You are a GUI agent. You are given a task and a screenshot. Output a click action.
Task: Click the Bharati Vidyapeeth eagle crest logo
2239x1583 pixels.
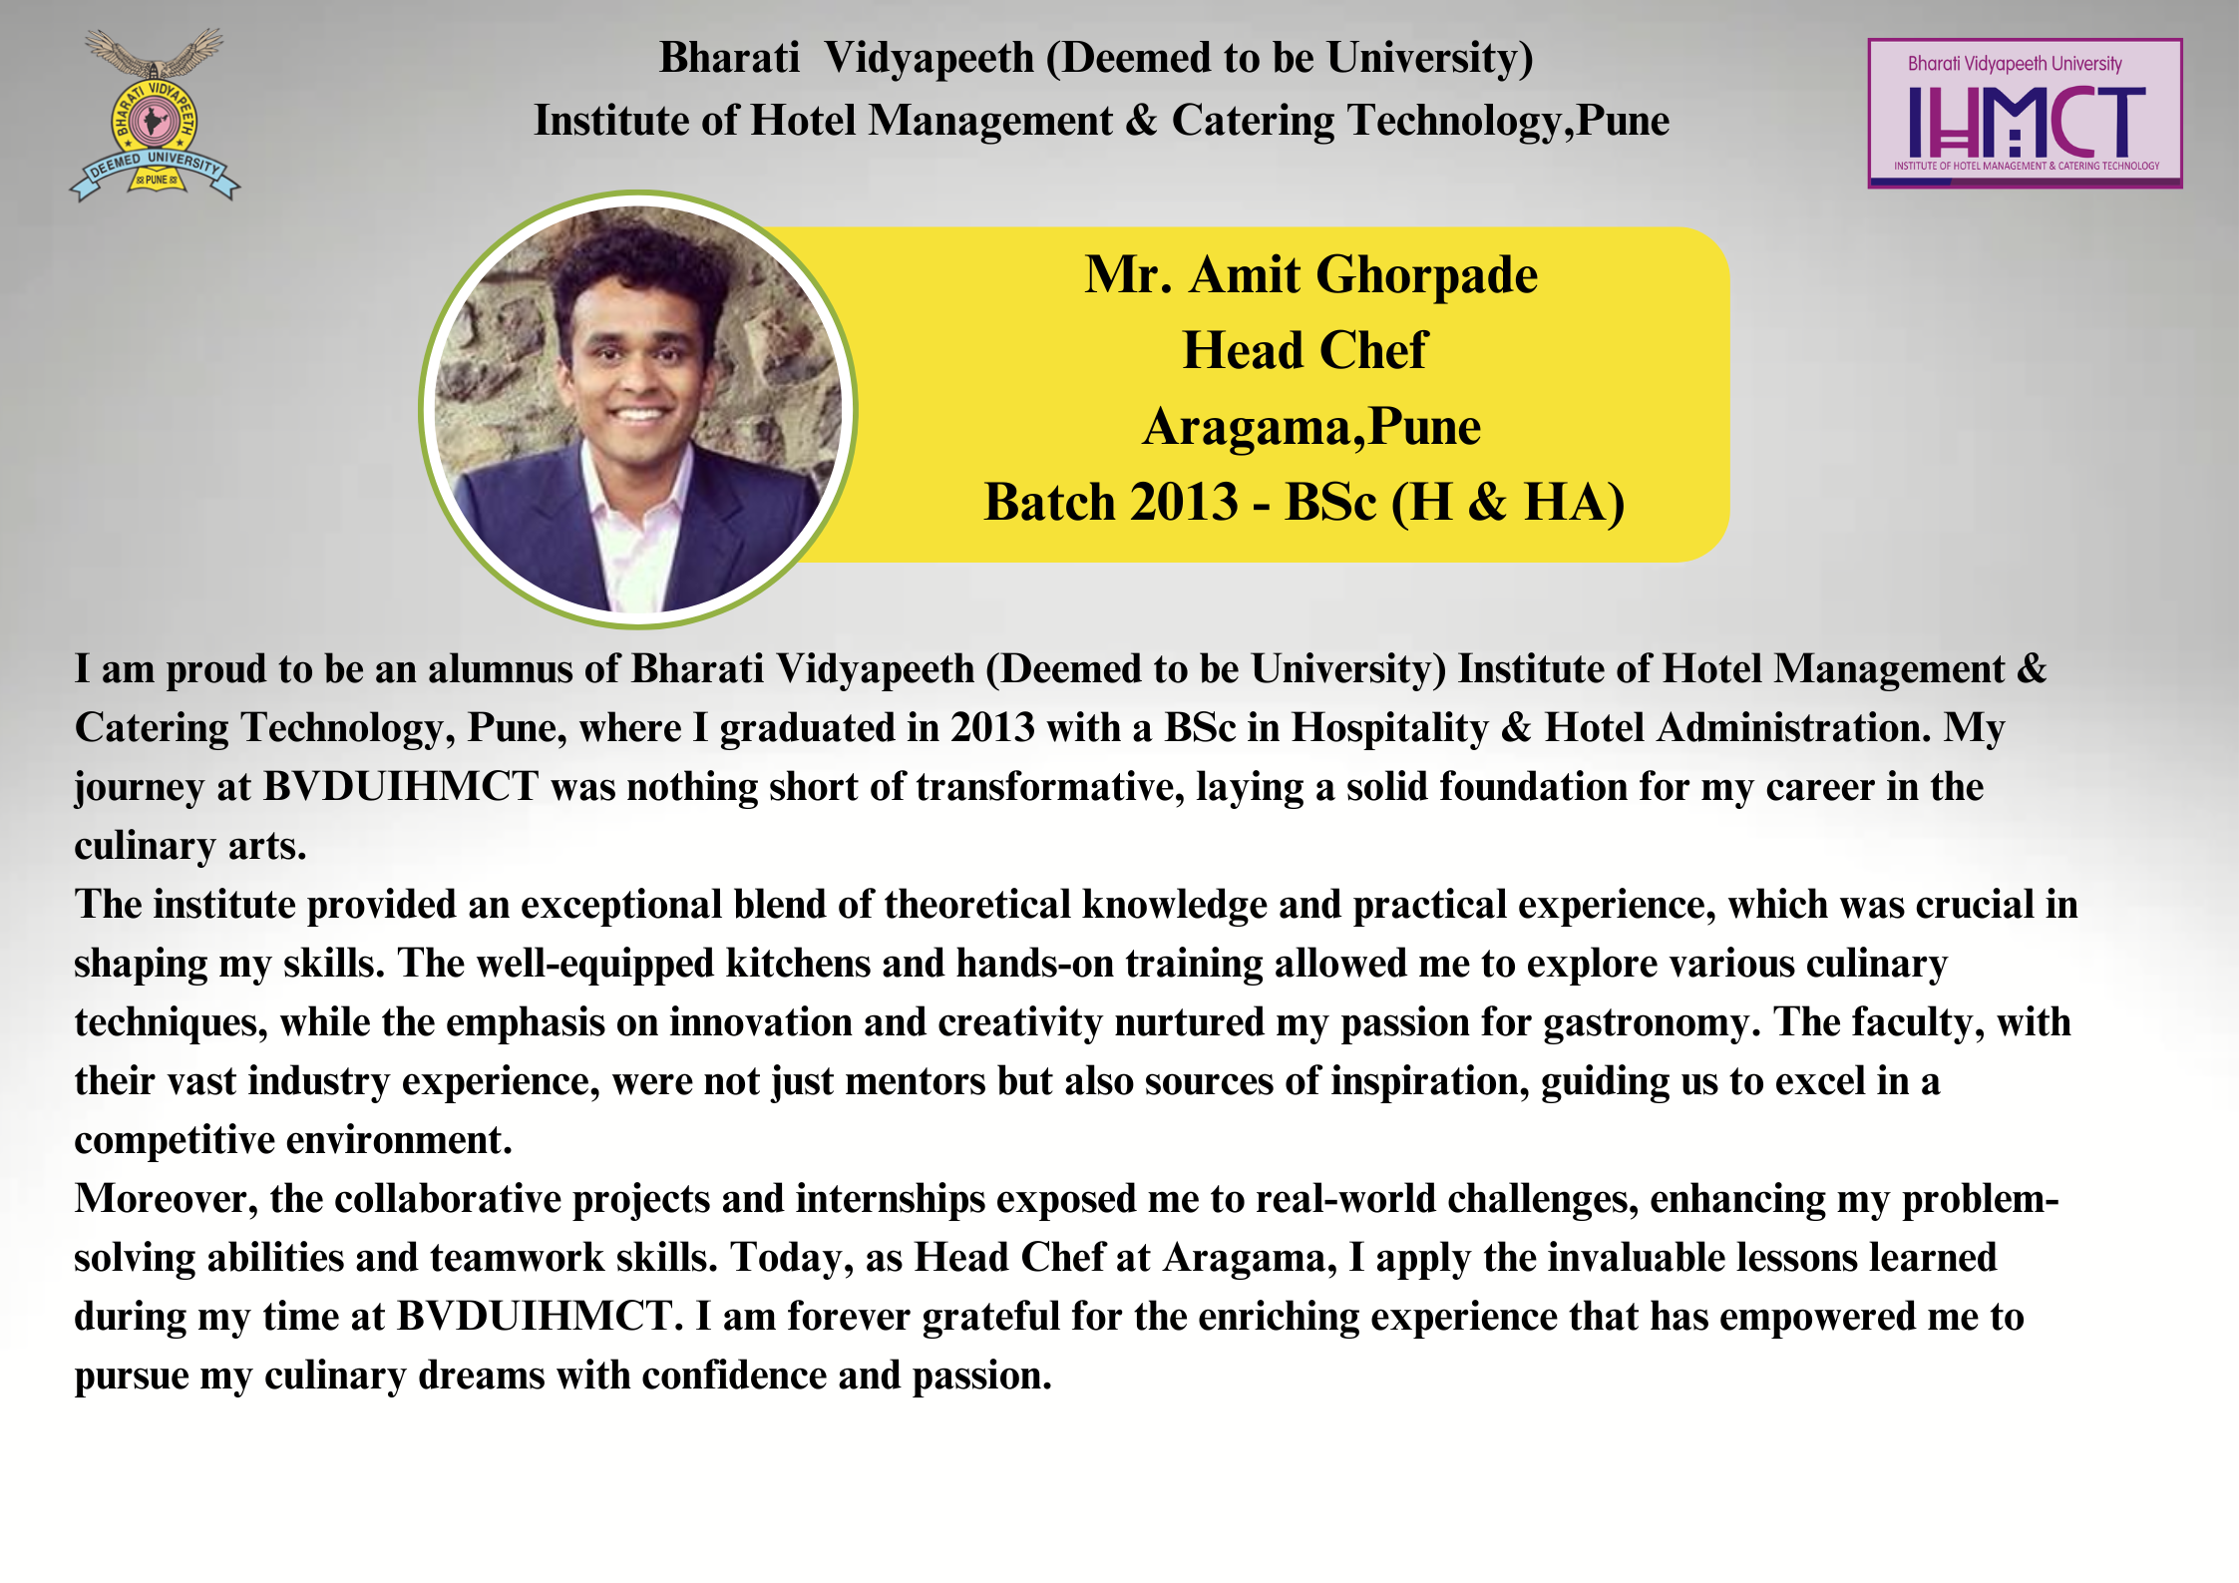pyautogui.click(x=155, y=114)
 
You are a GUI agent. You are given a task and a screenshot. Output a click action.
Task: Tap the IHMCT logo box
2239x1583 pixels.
pyautogui.click(x=2025, y=113)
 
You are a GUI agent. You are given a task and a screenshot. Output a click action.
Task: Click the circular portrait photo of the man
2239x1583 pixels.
pyautogui.click(x=638, y=409)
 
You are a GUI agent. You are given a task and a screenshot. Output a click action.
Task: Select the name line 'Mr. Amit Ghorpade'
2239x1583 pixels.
pyautogui.click(x=1310, y=274)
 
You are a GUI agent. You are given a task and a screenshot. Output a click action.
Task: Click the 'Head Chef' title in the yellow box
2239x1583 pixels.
pyautogui.click(x=1305, y=350)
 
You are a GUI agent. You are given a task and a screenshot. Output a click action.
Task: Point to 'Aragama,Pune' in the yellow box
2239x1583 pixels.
pyautogui.click(x=1310, y=427)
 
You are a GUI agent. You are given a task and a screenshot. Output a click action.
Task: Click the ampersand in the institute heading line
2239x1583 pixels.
pyautogui.click(x=1141, y=121)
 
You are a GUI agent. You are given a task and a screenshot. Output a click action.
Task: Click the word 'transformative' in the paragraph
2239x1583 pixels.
pyautogui.click(x=1050, y=787)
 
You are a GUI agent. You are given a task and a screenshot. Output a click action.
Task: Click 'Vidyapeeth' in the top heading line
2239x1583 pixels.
pyautogui.click(x=929, y=58)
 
